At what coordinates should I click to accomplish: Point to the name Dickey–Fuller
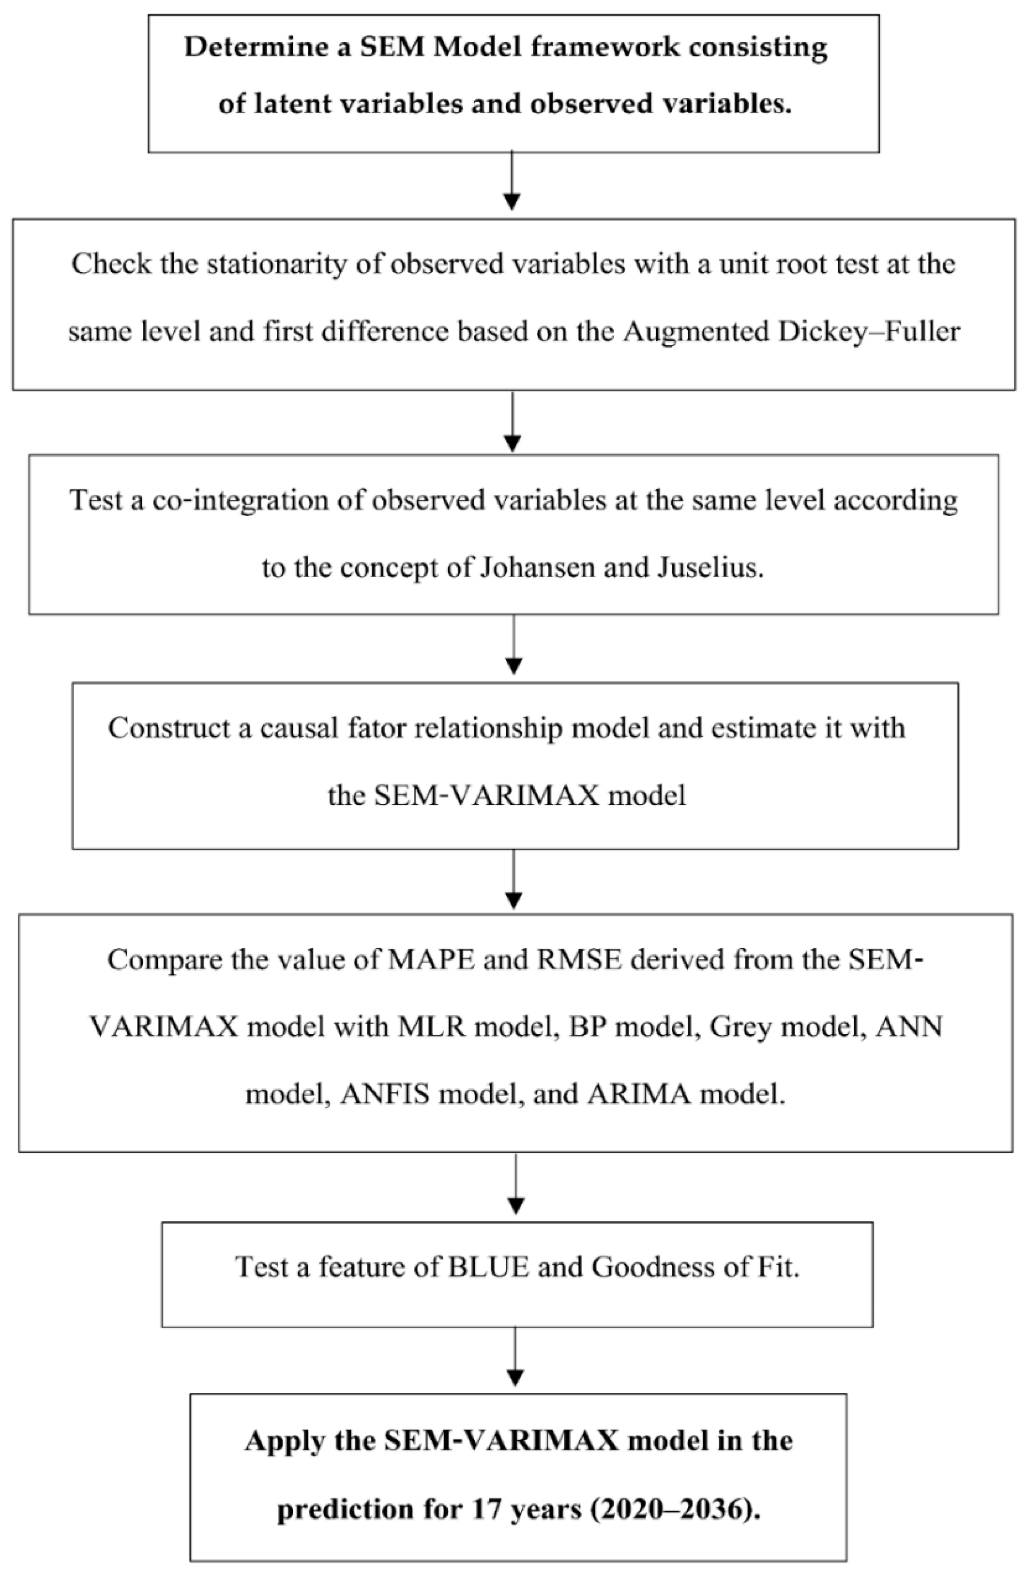(x=869, y=331)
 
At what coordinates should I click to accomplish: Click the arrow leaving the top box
(x=511, y=180)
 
